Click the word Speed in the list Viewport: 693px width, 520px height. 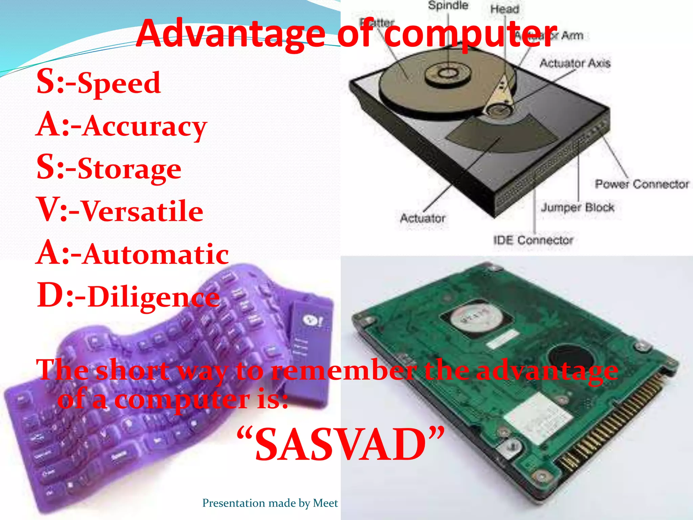pos(119,83)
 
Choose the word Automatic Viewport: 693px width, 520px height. pos(156,254)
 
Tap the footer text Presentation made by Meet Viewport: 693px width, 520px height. pos(270,503)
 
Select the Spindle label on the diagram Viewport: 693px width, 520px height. pos(448,5)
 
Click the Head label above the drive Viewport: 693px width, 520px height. pos(505,9)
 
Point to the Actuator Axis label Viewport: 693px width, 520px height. pos(575,63)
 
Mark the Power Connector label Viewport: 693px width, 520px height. pos(642,184)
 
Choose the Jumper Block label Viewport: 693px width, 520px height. pos(577,207)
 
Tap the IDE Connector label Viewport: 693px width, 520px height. pos(533,240)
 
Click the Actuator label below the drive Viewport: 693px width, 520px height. pos(423,218)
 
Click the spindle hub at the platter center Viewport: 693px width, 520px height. pos(448,73)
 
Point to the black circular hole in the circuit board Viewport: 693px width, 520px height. pos(571,360)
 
